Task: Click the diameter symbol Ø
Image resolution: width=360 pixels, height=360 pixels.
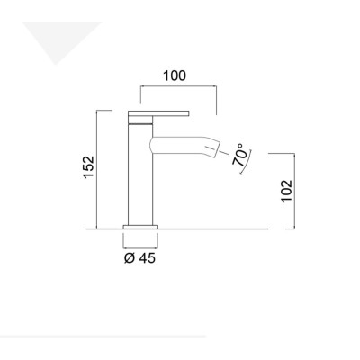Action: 128,258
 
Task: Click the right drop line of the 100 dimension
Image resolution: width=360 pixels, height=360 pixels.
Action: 216,99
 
